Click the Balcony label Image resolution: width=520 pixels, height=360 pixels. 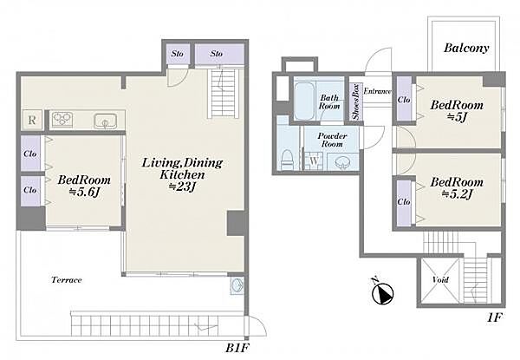click(x=466, y=48)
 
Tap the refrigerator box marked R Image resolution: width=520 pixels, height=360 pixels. click(x=32, y=120)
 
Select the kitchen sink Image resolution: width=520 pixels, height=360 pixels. click(x=105, y=121)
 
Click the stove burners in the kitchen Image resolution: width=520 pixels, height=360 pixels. click(x=62, y=119)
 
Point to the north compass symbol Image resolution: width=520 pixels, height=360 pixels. click(x=383, y=292)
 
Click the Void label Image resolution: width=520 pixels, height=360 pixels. click(x=440, y=279)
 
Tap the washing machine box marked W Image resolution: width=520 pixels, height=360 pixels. click(x=314, y=161)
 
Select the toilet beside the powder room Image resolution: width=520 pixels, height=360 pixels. click(x=287, y=160)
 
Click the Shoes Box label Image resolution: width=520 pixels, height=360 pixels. click(x=356, y=102)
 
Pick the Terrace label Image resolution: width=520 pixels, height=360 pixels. click(x=67, y=280)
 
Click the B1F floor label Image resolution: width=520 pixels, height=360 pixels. click(x=237, y=348)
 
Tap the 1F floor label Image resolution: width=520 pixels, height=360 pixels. click(x=494, y=317)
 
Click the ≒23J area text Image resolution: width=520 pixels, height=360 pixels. click(x=182, y=187)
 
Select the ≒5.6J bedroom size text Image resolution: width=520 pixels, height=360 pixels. click(x=84, y=192)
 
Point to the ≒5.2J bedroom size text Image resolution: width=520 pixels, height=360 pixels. click(x=457, y=194)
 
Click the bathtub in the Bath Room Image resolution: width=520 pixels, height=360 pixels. click(x=304, y=101)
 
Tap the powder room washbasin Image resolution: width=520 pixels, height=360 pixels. click(x=341, y=162)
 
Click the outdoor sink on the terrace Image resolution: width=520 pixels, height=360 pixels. click(x=237, y=285)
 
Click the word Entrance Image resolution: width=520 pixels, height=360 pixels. click(x=377, y=91)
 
